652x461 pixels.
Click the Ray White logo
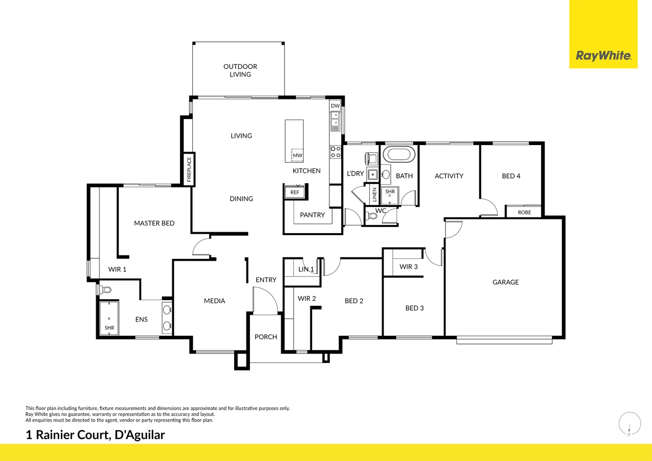603,56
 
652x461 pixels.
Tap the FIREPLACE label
189,169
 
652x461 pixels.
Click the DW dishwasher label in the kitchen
336,106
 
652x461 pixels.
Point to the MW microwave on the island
297,155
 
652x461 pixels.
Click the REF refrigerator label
295,192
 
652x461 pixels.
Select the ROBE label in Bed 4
524,213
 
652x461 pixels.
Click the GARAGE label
505,282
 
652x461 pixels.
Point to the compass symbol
630,424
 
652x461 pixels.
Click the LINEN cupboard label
375,195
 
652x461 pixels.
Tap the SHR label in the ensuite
109,328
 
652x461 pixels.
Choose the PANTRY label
312,215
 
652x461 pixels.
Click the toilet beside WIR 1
105,290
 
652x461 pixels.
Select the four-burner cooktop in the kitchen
336,152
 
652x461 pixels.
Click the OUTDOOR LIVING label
240,70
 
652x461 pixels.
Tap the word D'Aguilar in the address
140,435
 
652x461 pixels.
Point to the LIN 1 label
306,269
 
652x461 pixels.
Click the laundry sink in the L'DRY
373,175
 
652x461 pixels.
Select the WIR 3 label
409,266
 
